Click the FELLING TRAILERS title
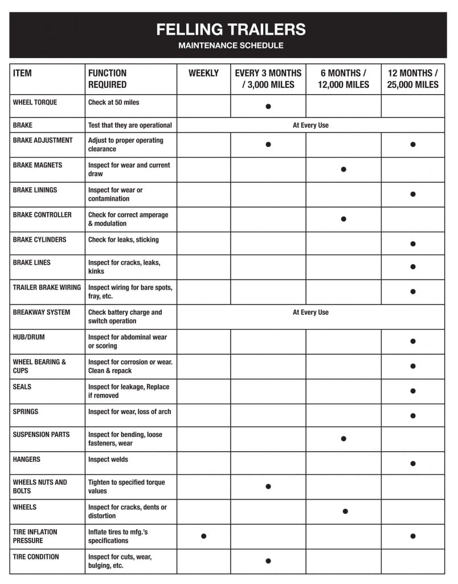(x=231, y=30)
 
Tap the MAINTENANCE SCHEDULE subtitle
(x=231, y=46)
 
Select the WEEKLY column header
(x=203, y=74)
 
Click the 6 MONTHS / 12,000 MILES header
(x=343, y=79)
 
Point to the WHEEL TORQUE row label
(x=35, y=103)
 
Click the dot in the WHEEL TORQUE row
(x=268, y=107)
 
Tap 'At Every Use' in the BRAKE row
(x=310, y=125)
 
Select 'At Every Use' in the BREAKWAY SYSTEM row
(x=310, y=313)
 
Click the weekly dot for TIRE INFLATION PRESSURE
(x=203, y=536)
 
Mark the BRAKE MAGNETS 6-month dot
(x=343, y=169)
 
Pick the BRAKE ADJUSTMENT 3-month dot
(x=268, y=144)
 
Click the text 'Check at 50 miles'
(x=114, y=103)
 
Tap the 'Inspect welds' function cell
(x=108, y=460)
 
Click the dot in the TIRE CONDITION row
(x=268, y=561)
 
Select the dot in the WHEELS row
(x=345, y=512)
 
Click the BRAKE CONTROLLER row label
(x=42, y=215)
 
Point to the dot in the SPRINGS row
(x=413, y=416)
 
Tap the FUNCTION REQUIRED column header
(x=108, y=79)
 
